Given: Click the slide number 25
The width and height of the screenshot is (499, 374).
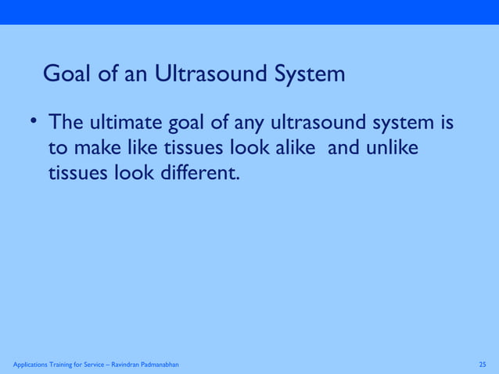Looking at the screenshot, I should coord(482,365).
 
